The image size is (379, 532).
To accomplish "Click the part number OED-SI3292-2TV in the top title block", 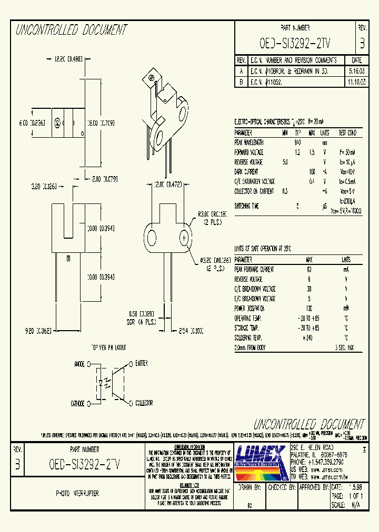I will coord(295,43).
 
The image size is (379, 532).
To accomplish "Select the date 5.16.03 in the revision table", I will coord(356,70).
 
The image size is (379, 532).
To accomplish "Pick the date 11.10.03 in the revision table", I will coord(356,83).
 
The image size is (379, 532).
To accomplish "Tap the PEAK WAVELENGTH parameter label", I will coord(250,142).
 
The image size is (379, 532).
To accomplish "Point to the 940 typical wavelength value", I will coord(297,142).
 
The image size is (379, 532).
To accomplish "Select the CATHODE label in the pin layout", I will coord(77,404).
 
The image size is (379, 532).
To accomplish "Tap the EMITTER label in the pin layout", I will coord(141,363).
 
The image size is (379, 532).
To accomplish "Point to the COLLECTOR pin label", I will coord(143,403).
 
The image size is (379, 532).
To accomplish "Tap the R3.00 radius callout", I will coord(213,214).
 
